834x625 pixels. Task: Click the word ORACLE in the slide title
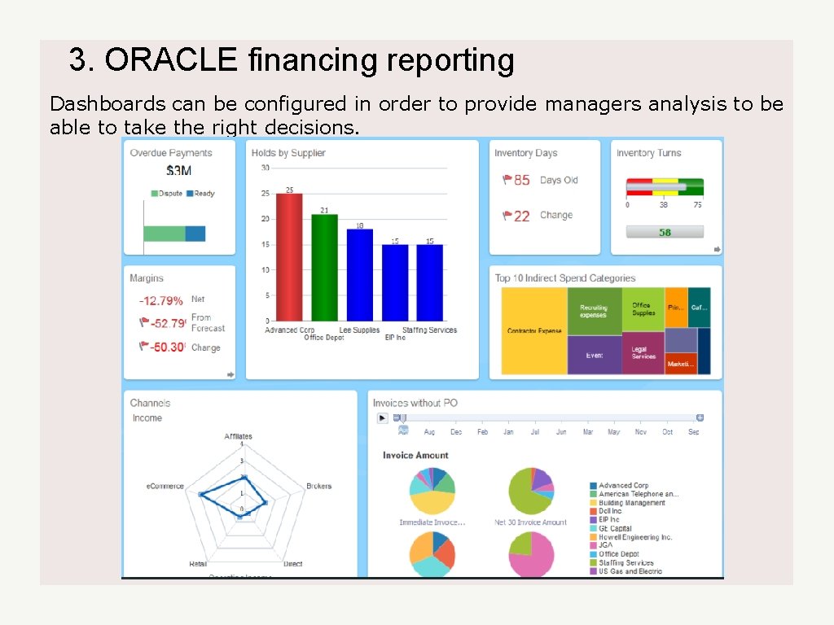click(171, 60)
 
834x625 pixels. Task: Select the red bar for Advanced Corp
click(289, 257)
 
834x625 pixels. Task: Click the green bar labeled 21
click(324, 267)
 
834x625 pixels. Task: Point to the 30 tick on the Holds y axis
click(265, 168)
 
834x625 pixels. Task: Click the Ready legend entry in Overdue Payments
click(200, 194)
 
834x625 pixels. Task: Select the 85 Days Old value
click(521, 180)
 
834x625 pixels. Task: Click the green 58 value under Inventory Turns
click(665, 232)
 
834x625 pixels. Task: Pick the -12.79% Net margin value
click(161, 301)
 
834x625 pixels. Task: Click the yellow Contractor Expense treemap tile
click(534, 331)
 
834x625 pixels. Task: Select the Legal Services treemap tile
click(643, 352)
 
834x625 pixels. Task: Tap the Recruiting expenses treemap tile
click(594, 312)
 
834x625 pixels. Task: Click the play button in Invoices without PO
click(382, 417)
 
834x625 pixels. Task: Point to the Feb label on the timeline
click(482, 432)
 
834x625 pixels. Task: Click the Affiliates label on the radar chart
click(239, 436)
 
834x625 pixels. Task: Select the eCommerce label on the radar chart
click(165, 486)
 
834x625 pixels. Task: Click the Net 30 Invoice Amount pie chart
click(531, 492)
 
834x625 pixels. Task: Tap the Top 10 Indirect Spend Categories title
click(565, 278)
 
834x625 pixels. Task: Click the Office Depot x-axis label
click(324, 338)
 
